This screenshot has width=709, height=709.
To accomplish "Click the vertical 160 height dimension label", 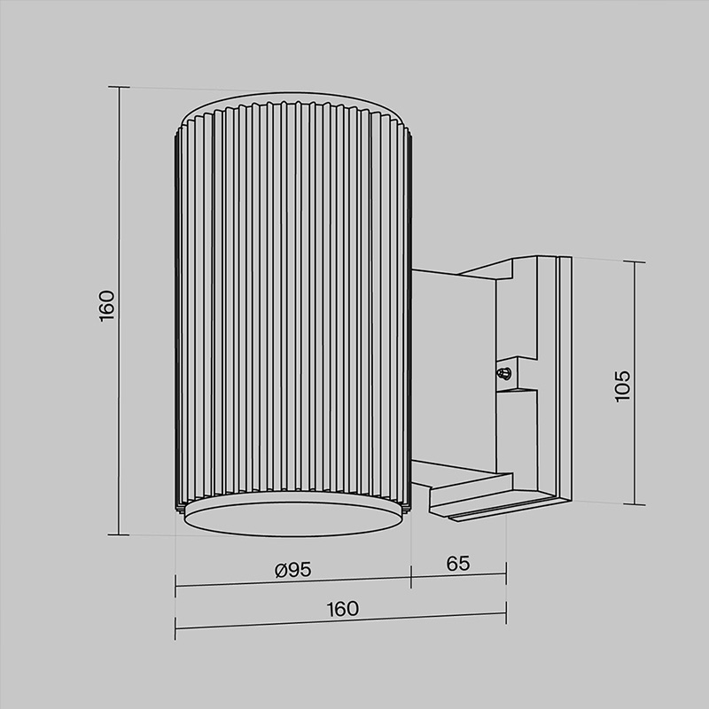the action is click(106, 306).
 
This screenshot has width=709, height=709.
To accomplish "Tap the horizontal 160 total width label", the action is click(342, 609).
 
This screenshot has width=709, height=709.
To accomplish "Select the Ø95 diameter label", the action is click(293, 570).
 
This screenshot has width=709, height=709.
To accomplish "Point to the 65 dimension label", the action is click(458, 564).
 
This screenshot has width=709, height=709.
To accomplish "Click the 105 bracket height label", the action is click(623, 386).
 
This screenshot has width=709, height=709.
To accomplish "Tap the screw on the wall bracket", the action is click(503, 373).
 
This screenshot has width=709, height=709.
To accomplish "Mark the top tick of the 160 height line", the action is click(120, 87).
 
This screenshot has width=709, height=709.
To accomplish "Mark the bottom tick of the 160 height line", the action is click(119, 534).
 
